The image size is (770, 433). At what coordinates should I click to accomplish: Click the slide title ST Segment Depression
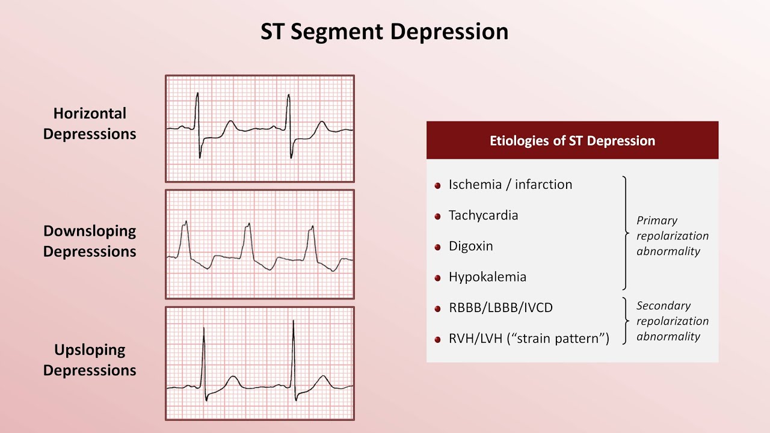click(384, 31)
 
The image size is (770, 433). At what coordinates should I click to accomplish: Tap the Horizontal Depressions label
click(90, 123)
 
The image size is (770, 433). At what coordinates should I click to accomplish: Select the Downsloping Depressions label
click(90, 241)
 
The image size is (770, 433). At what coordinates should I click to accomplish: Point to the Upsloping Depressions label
click(90, 360)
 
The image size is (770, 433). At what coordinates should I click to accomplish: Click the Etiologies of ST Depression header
click(572, 141)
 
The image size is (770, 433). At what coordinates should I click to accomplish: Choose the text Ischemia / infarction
click(510, 185)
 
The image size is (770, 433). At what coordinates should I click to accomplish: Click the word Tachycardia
click(483, 215)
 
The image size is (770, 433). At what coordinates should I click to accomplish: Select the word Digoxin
click(470, 246)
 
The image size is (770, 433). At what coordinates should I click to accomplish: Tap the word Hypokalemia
click(487, 277)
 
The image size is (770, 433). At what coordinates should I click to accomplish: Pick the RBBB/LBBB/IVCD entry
click(500, 308)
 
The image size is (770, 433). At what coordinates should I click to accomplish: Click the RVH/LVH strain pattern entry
click(529, 339)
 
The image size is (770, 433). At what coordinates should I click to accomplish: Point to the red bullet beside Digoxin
click(438, 247)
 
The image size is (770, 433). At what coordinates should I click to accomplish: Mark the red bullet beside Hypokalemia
click(438, 278)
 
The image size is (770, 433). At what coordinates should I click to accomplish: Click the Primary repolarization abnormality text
click(672, 236)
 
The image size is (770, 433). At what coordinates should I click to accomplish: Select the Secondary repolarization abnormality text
click(672, 321)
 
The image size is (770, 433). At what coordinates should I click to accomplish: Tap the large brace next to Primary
click(626, 233)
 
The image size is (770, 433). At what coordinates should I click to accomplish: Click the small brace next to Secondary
click(626, 321)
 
